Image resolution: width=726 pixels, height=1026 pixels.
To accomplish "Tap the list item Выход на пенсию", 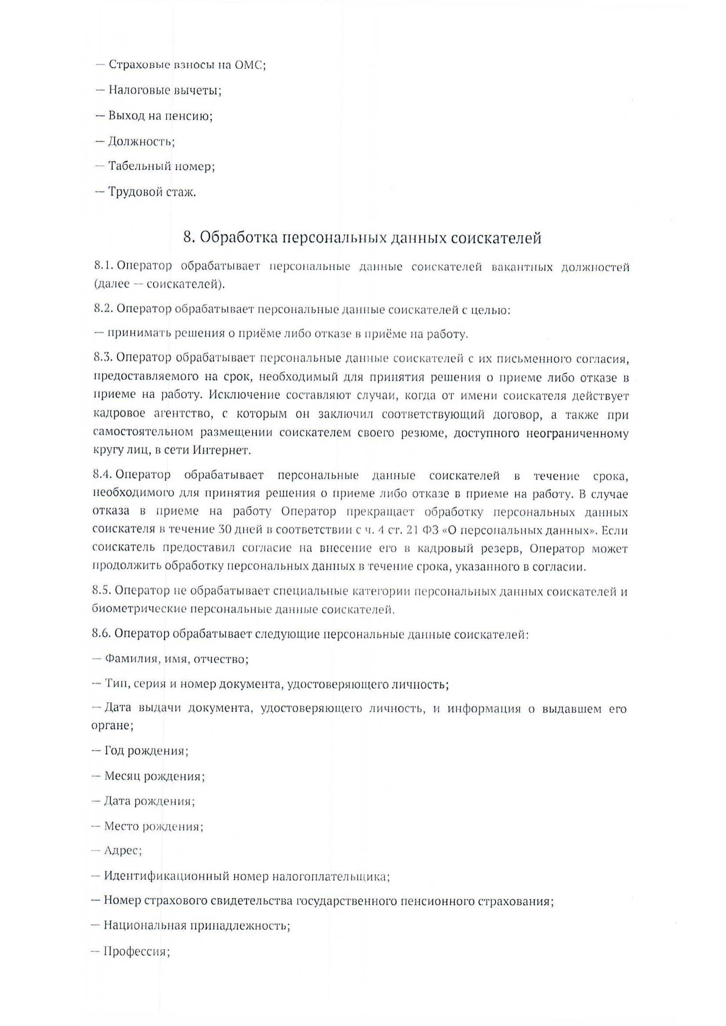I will point(160,116).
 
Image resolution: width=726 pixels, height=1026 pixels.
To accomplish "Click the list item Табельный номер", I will point(161,167).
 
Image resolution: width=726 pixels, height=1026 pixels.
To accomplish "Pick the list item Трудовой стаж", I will point(152,193).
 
